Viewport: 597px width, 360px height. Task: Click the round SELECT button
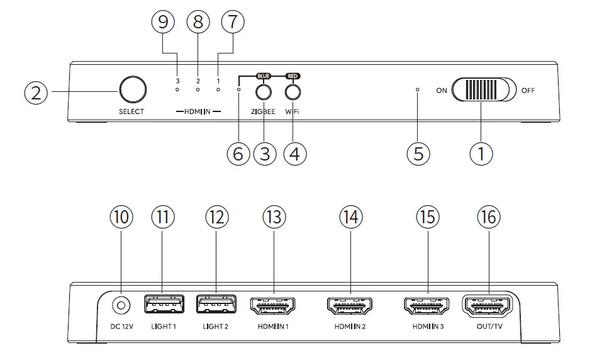tap(131, 90)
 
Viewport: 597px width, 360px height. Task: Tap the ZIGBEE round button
tap(264, 92)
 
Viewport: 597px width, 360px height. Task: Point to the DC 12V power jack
tap(121, 306)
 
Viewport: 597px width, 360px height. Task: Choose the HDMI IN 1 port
tap(272, 306)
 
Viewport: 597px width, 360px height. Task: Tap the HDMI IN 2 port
tap(351, 306)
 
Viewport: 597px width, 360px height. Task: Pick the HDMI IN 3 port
tap(428, 306)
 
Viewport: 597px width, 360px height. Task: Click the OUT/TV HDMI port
tap(488, 306)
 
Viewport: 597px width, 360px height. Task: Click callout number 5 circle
tap(418, 153)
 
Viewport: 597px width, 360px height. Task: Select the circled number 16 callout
tap(488, 217)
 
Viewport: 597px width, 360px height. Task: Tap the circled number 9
tap(164, 22)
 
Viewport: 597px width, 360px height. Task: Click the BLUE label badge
tap(264, 76)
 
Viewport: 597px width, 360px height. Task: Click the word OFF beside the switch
tap(528, 91)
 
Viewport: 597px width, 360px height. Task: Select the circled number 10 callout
tap(121, 217)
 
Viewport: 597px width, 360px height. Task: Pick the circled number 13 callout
tap(272, 217)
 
